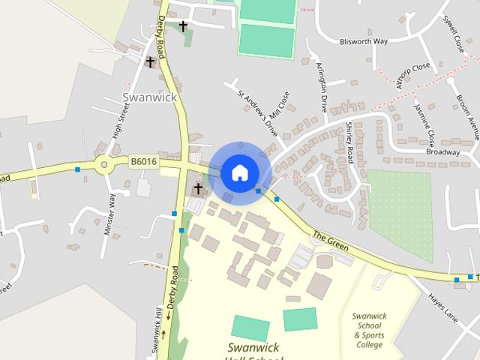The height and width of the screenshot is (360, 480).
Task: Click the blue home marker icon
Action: pyautogui.click(x=239, y=172)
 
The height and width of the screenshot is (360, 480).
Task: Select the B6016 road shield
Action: pyautogui.click(x=142, y=161)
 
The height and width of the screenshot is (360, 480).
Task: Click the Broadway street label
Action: pyautogui.click(x=442, y=151)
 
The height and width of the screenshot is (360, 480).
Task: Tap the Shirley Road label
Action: pyautogui.click(x=349, y=142)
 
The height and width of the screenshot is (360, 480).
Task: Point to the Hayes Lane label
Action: pyautogui.click(x=442, y=307)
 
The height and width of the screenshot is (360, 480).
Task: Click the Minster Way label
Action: pyautogui.click(x=110, y=216)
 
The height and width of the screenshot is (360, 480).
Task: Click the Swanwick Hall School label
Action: pyautogui.click(x=255, y=351)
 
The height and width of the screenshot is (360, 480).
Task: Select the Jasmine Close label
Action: pyautogui.click(x=424, y=123)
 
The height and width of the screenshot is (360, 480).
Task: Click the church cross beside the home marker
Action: pyautogui.click(x=199, y=188)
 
